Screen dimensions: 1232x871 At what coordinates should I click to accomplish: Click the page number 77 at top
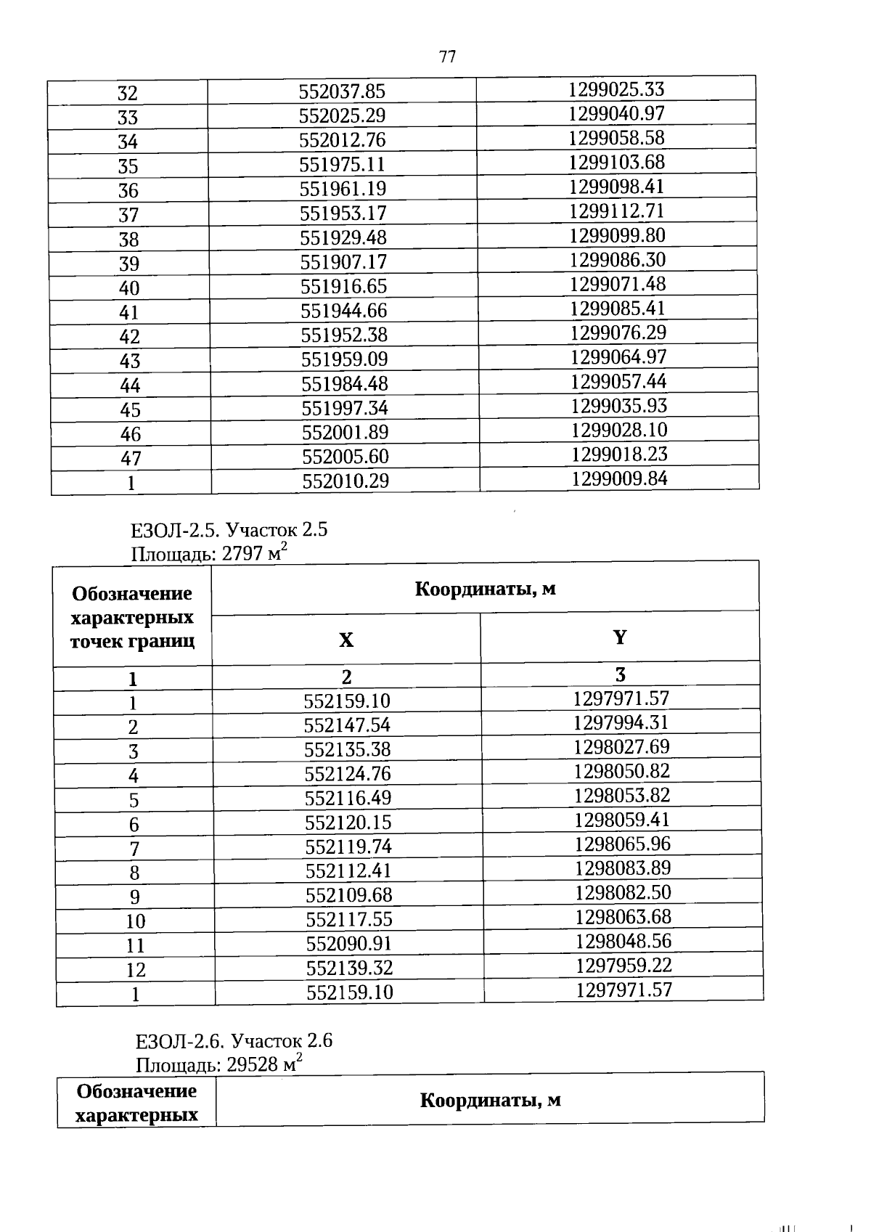447,56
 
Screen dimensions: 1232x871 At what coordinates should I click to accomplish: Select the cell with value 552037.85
342,91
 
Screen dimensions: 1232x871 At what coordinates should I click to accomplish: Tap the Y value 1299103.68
616,162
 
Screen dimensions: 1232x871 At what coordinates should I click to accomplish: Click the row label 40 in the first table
129,288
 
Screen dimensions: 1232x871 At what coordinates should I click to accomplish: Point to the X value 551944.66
344,311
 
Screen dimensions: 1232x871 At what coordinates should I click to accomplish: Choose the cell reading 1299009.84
619,478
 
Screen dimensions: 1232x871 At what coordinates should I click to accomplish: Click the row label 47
131,459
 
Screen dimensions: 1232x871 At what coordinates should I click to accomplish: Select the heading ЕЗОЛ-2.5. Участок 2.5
229,530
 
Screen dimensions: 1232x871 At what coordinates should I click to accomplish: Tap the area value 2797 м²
255,554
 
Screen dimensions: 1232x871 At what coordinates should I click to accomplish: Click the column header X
346,640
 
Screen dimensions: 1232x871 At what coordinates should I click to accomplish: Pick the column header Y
619,637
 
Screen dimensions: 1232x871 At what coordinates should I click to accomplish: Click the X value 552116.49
348,798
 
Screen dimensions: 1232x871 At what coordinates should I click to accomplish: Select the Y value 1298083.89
623,868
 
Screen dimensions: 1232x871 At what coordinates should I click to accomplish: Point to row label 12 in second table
136,970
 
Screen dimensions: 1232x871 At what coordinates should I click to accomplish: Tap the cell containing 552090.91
349,944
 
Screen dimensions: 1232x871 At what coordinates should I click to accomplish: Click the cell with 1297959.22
623,966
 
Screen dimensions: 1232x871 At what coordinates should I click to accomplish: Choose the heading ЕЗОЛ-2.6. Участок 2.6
234,1042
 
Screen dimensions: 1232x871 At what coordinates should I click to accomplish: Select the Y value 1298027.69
621,747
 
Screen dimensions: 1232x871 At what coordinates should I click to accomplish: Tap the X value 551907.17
343,262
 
